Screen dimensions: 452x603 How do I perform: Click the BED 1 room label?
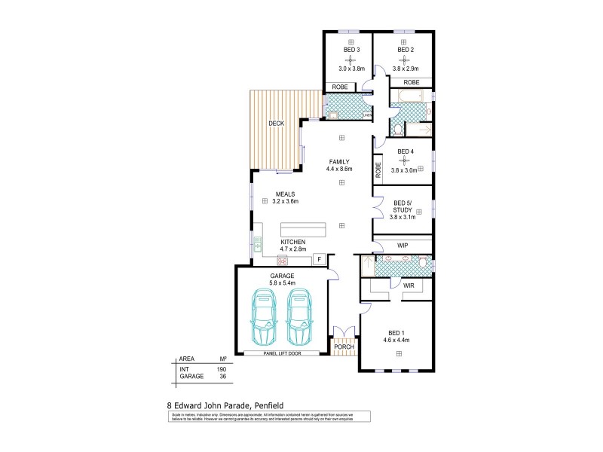click(x=396, y=332)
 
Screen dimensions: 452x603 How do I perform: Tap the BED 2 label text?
click(x=405, y=50)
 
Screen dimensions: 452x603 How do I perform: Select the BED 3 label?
click(x=352, y=50)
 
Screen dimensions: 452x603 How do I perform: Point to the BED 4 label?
click(x=405, y=151)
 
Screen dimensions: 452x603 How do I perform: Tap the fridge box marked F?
click(x=319, y=259)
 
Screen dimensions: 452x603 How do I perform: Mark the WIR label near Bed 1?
click(x=408, y=286)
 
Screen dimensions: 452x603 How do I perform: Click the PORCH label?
click(x=344, y=347)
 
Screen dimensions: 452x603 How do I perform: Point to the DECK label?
click(x=276, y=124)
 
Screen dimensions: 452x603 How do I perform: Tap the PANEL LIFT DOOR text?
click(x=283, y=353)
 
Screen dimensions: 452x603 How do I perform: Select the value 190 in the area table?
click(x=222, y=368)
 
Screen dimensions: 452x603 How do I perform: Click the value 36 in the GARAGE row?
click(x=222, y=376)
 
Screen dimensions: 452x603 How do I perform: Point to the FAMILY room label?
click(x=339, y=161)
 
